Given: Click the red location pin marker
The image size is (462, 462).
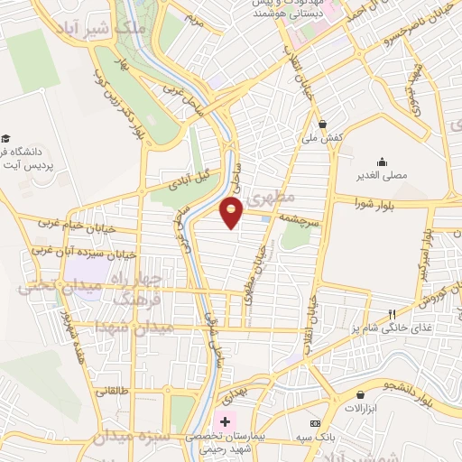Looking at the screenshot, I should tap(232, 212).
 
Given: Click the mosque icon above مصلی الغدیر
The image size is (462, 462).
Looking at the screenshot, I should tap(383, 162).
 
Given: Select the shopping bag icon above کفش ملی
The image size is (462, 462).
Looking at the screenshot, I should tap(322, 124).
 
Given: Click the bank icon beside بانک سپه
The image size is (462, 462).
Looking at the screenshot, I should tap(315, 423).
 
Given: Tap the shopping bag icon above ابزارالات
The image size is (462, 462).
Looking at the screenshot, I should tap(362, 393).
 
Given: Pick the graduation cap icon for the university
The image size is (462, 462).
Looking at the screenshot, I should tap(6, 140).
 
